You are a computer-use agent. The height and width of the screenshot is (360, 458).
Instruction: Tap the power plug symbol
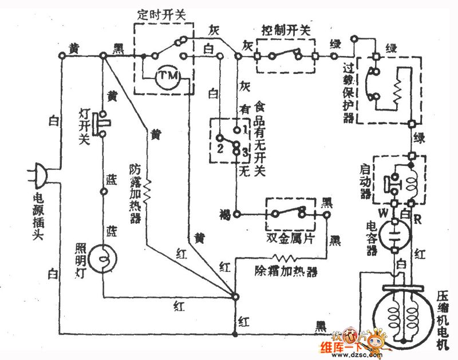click(37, 173)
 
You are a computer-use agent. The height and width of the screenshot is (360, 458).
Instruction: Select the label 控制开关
click(285, 30)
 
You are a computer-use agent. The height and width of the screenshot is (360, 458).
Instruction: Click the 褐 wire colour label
click(224, 215)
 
